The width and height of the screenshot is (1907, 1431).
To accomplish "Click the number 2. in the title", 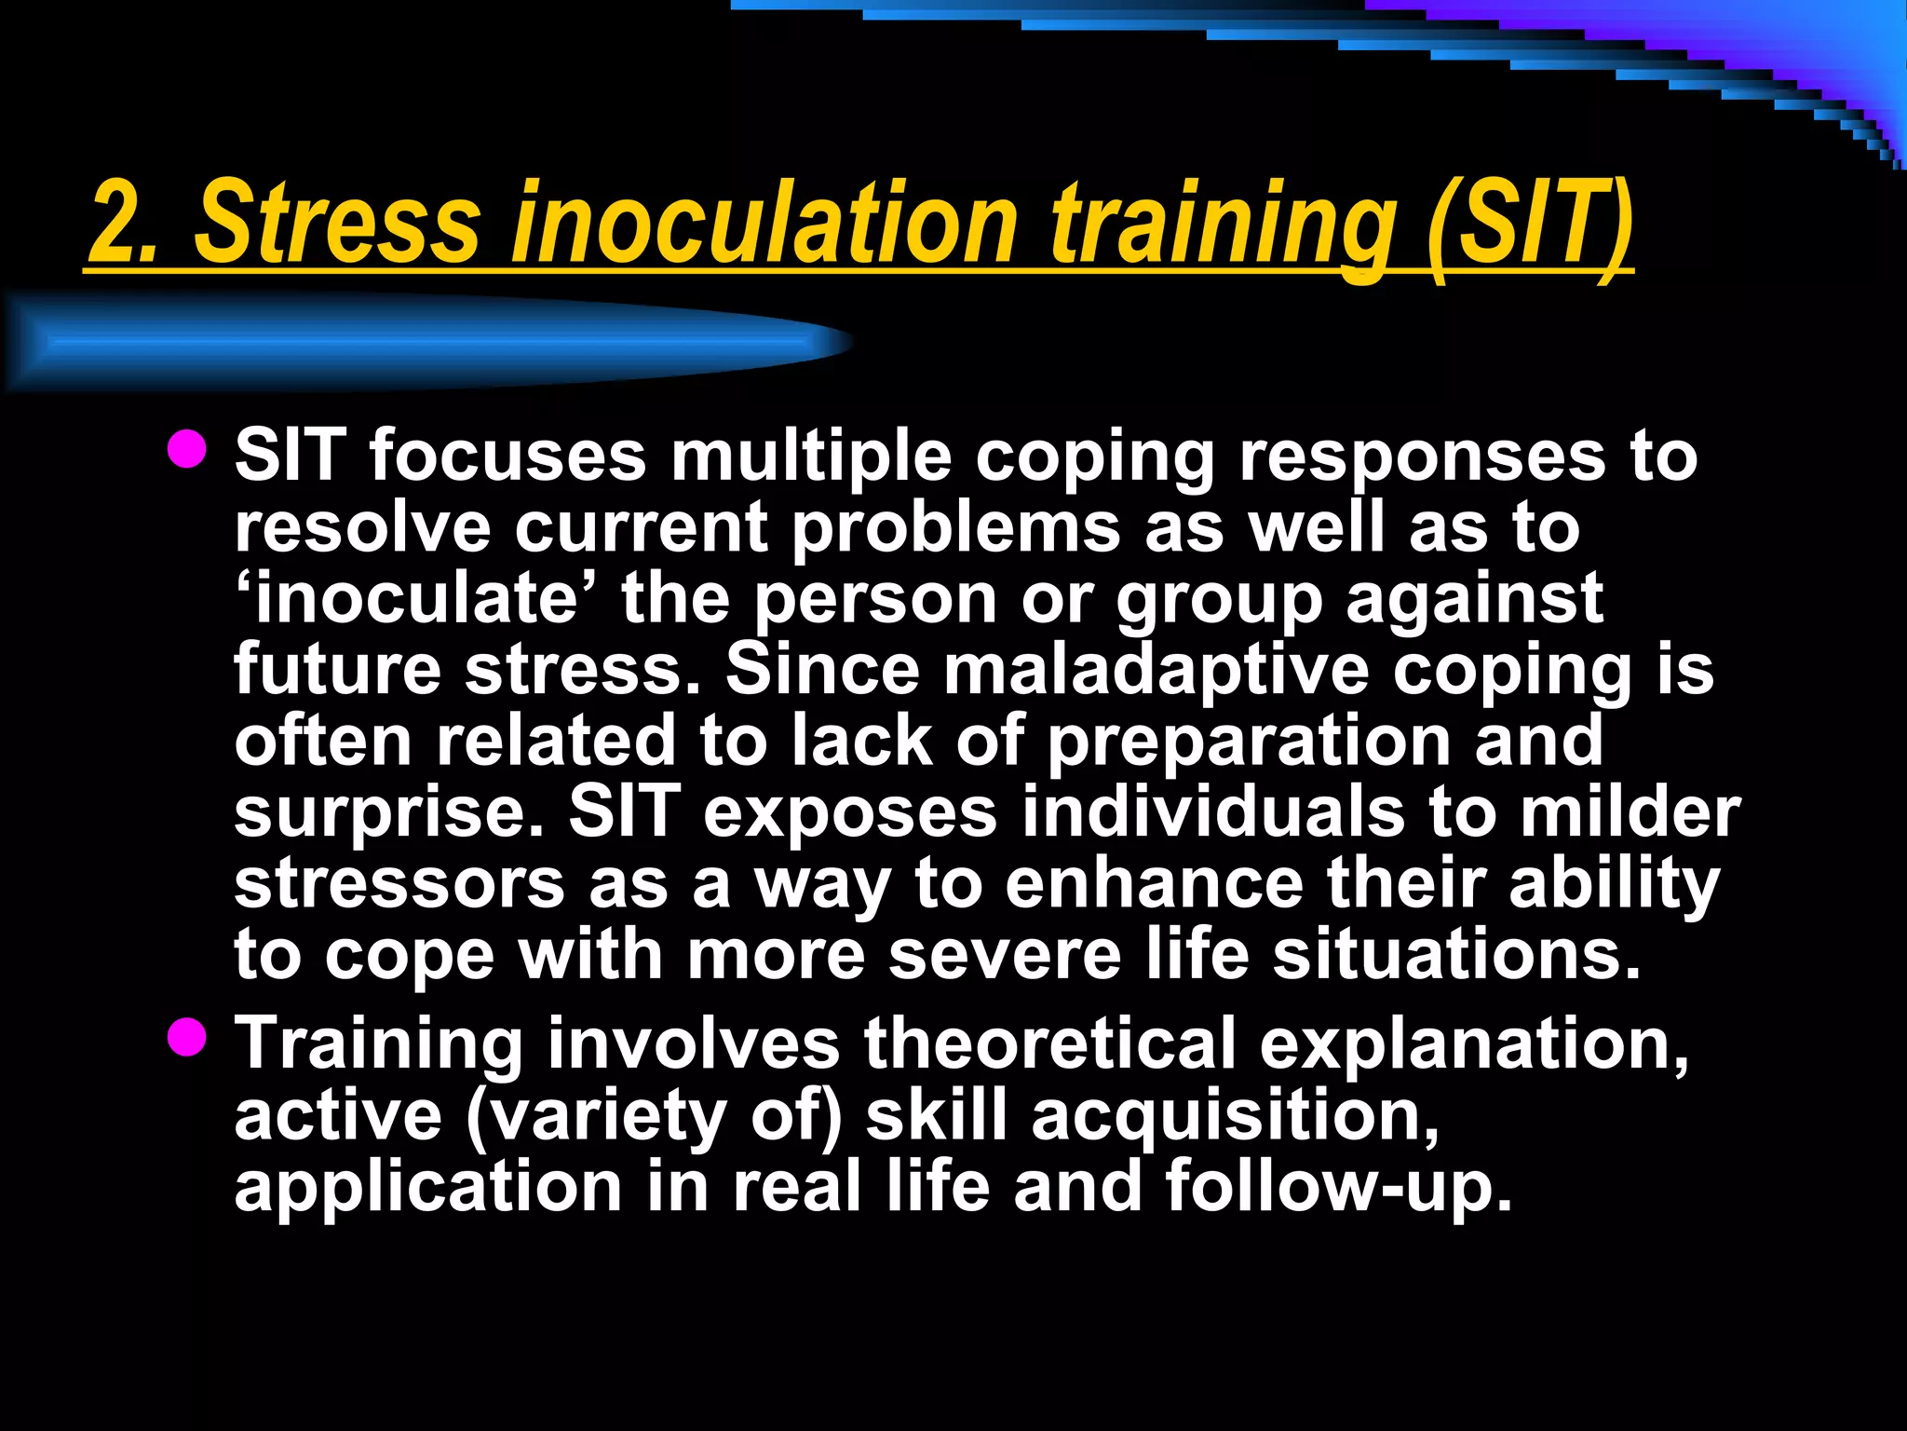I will click(126, 224).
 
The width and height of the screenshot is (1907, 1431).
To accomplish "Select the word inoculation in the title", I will click(764, 224).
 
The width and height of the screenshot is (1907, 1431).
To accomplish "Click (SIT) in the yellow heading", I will click(1527, 224).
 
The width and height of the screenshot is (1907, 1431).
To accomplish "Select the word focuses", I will click(507, 457).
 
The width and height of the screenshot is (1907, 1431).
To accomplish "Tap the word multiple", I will click(811, 457).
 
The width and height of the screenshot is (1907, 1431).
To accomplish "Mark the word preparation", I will click(1249, 742).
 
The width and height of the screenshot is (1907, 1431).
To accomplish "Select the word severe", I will click(1005, 956).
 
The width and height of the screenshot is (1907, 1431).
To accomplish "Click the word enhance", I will click(1155, 884).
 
